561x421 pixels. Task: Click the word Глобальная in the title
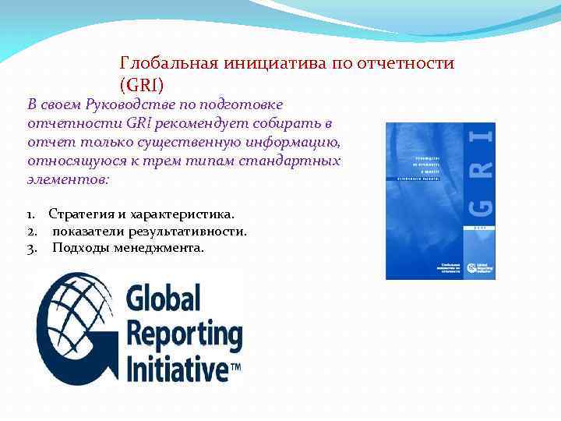(167, 63)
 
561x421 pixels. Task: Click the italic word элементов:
(69, 179)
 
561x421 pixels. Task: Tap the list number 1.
(30, 214)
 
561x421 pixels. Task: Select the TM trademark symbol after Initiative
(235, 365)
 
